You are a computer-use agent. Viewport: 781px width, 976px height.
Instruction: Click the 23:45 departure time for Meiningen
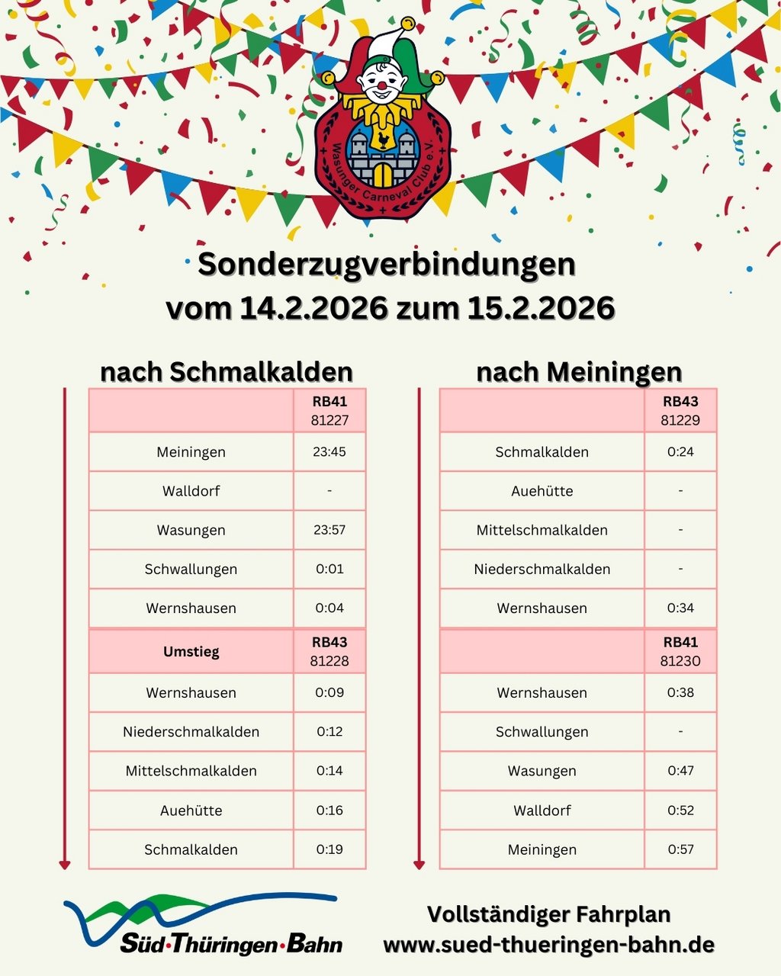coord(329,452)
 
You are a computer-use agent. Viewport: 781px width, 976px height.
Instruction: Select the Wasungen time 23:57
coord(329,530)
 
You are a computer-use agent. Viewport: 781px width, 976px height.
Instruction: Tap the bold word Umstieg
coord(191,652)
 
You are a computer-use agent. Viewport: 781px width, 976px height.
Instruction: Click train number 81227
coord(329,420)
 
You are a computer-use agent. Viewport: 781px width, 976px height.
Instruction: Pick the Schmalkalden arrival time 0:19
coord(329,849)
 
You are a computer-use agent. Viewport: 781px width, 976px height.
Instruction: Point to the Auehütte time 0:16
coord(329,810)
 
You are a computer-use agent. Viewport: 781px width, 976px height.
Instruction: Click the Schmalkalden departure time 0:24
coord(680,452)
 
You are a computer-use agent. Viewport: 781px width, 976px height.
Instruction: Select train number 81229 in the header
coord(680,420)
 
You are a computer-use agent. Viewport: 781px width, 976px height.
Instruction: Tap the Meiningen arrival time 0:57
coord(680,849)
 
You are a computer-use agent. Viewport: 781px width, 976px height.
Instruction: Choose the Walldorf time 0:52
coord(680,810)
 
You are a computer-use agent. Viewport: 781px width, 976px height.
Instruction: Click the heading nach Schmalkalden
coord(227,372)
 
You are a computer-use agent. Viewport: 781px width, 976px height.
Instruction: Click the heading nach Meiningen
coord(579,372)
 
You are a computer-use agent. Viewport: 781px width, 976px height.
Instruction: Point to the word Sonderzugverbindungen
coord(387,265)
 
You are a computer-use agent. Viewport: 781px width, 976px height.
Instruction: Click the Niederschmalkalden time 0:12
coord(329,732)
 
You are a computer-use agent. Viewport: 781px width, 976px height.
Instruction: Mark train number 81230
coord(680,661)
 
